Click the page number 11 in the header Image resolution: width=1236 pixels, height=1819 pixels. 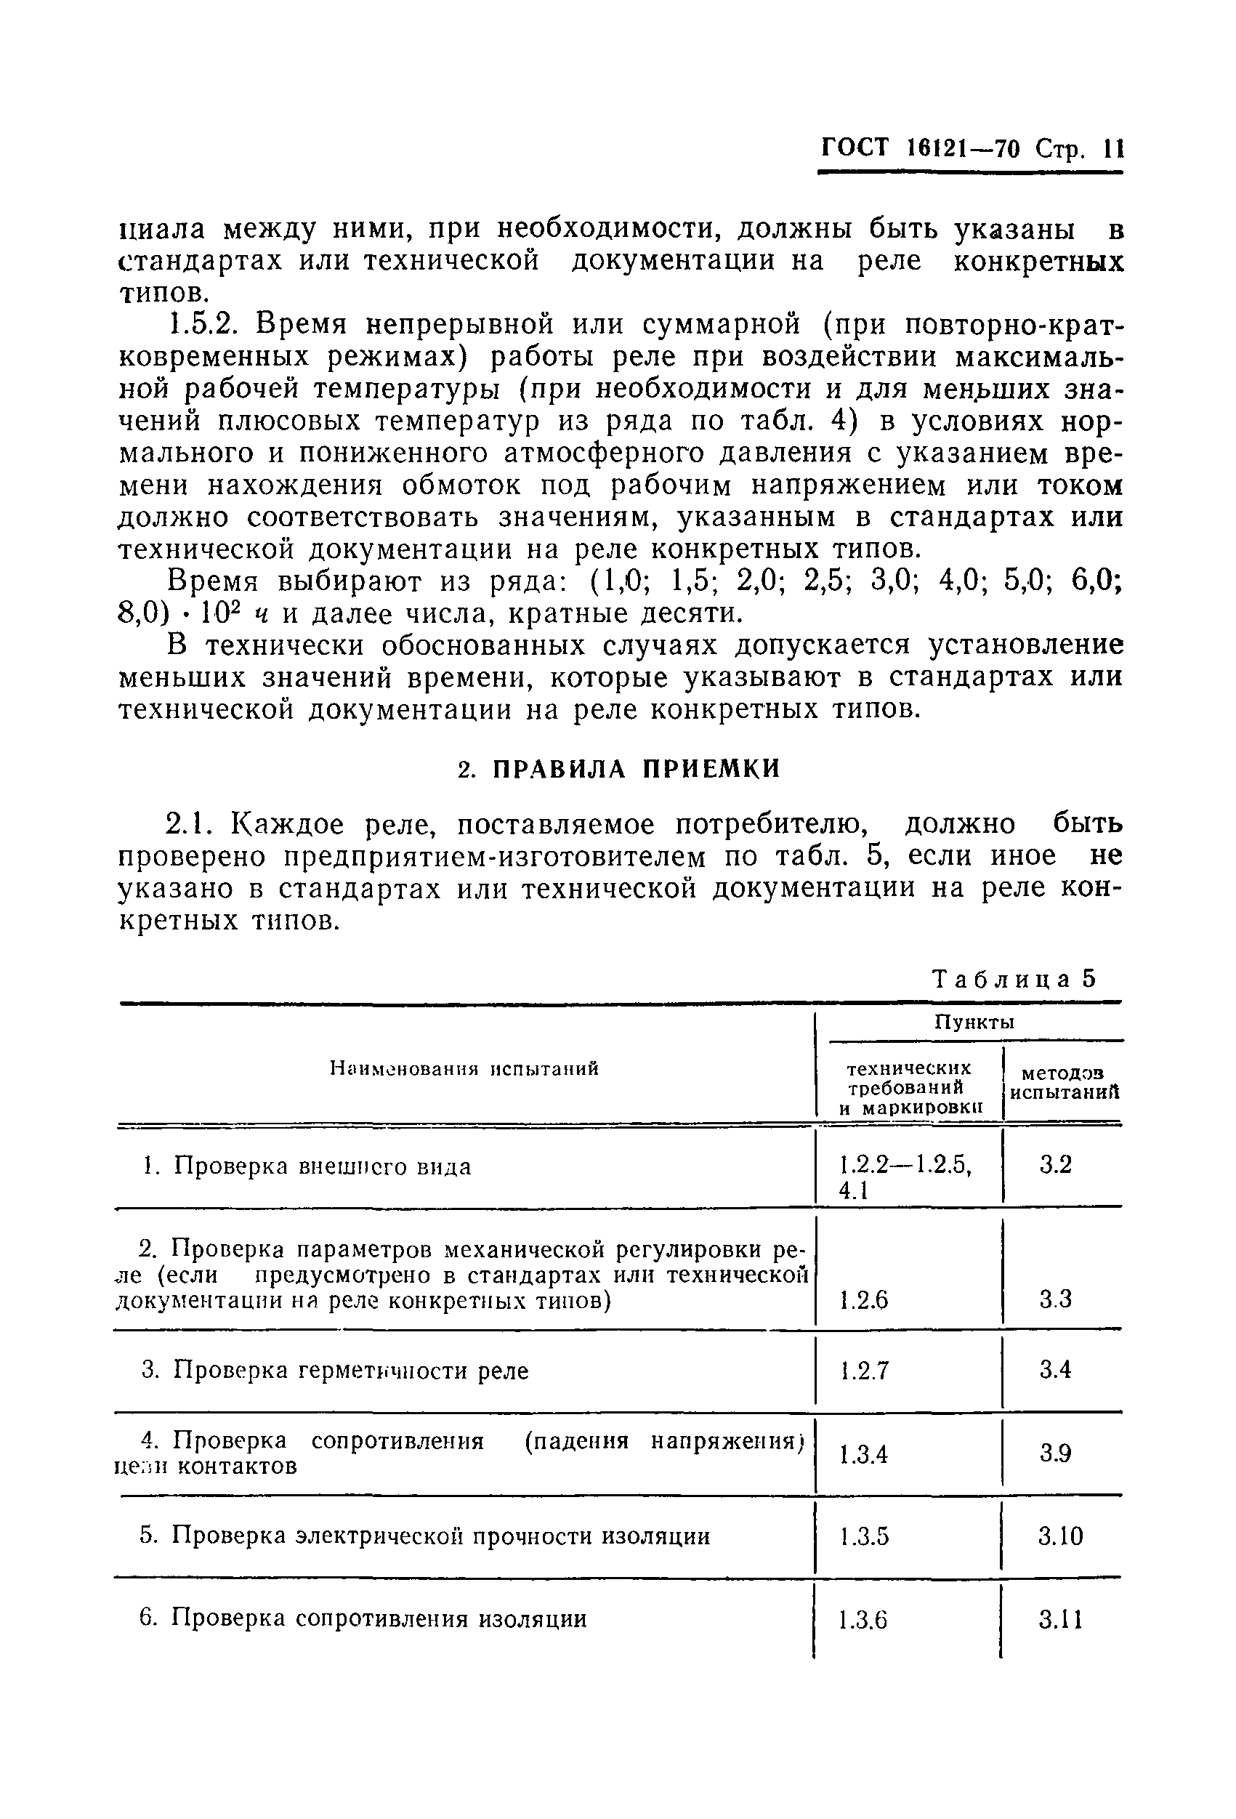click(x=1112, y=149)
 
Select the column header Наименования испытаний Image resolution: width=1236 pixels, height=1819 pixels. click(x=464, y=1068)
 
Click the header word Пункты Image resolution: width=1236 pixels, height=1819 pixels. click(x=974, y=1023)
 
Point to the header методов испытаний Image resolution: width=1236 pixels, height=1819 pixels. click(x=1064, y=1084)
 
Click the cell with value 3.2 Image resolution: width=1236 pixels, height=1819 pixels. click(x=1055, y=1166)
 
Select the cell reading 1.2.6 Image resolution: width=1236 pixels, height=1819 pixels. click(x=863, y=1301)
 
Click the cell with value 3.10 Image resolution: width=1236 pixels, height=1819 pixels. click(x=1061, y=1536)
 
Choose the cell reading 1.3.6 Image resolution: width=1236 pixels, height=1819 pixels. click(x=863, y=1620)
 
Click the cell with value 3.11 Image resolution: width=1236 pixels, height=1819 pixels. click(x=1061, y=1619)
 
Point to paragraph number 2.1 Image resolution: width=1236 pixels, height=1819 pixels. click(x=189, y=825)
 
